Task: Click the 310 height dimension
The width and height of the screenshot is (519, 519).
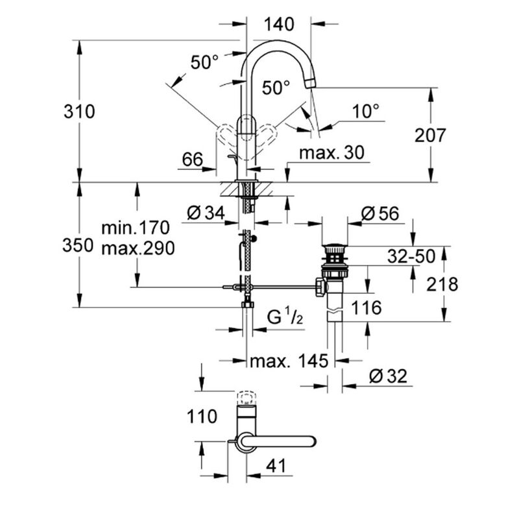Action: [x=79, y=112]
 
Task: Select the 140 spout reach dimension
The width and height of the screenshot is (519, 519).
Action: [x=280, y=24]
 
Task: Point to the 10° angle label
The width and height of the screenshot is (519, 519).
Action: [x=366, y=112]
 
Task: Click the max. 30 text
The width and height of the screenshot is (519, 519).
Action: [x=332, y=152]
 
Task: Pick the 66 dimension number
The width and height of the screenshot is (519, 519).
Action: [x=193, y=160]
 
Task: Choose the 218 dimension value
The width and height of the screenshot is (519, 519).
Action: [x=442, y=284]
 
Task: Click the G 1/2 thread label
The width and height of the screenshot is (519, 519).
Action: [x=286, y=317]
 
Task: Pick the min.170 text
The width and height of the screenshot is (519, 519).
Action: [x=136, y=228]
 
